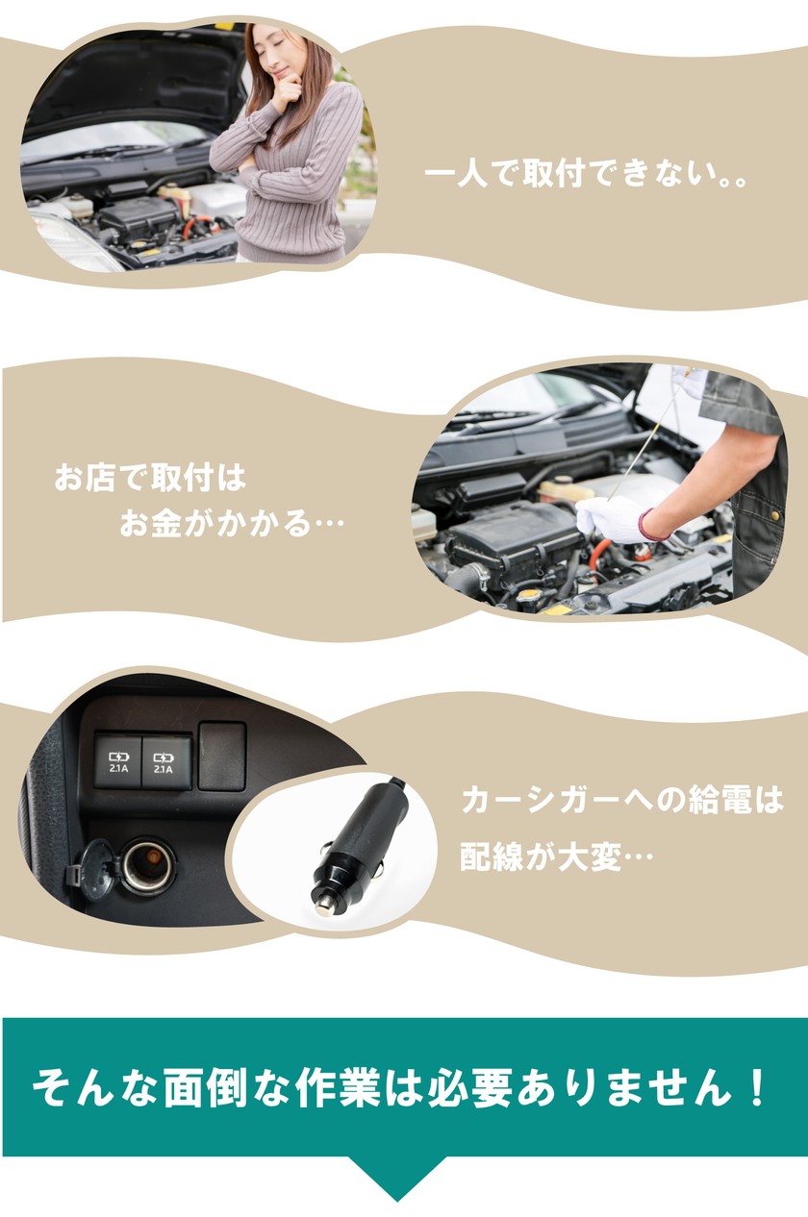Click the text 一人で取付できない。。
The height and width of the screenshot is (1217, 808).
(585, 174)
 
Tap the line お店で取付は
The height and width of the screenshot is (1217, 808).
(150, 478)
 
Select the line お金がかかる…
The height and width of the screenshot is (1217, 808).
(232, 523)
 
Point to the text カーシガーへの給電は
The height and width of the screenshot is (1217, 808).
(622, 801)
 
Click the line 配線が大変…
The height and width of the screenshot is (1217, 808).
(556, 857)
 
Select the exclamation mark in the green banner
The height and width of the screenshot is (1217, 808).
(755, 1087)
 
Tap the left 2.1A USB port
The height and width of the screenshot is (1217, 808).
(118, 761)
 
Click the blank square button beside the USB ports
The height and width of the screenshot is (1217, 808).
(222, 756)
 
